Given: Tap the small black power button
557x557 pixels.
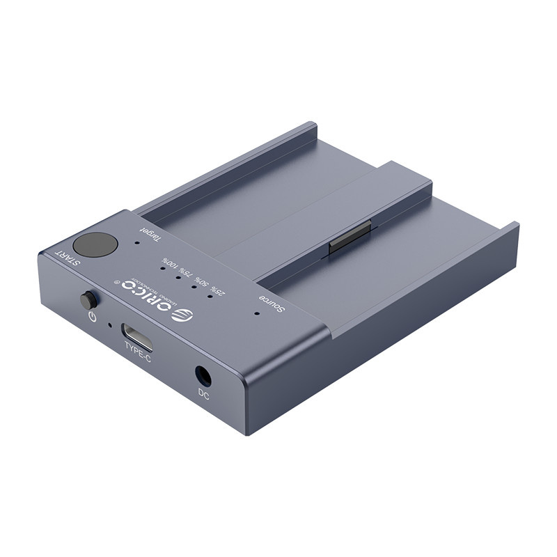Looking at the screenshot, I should tap(88, 301).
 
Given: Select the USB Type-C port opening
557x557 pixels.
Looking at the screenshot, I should tap(137, 336).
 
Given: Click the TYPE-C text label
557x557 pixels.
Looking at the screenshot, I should tap(138, 354).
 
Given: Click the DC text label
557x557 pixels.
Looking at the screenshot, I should tap(203, 394).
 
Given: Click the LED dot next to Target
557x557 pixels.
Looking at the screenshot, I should tap(136, 243).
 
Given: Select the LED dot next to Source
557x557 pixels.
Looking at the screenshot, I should tap(256, 313).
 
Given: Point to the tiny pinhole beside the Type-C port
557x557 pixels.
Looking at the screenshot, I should tap(109, 325).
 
